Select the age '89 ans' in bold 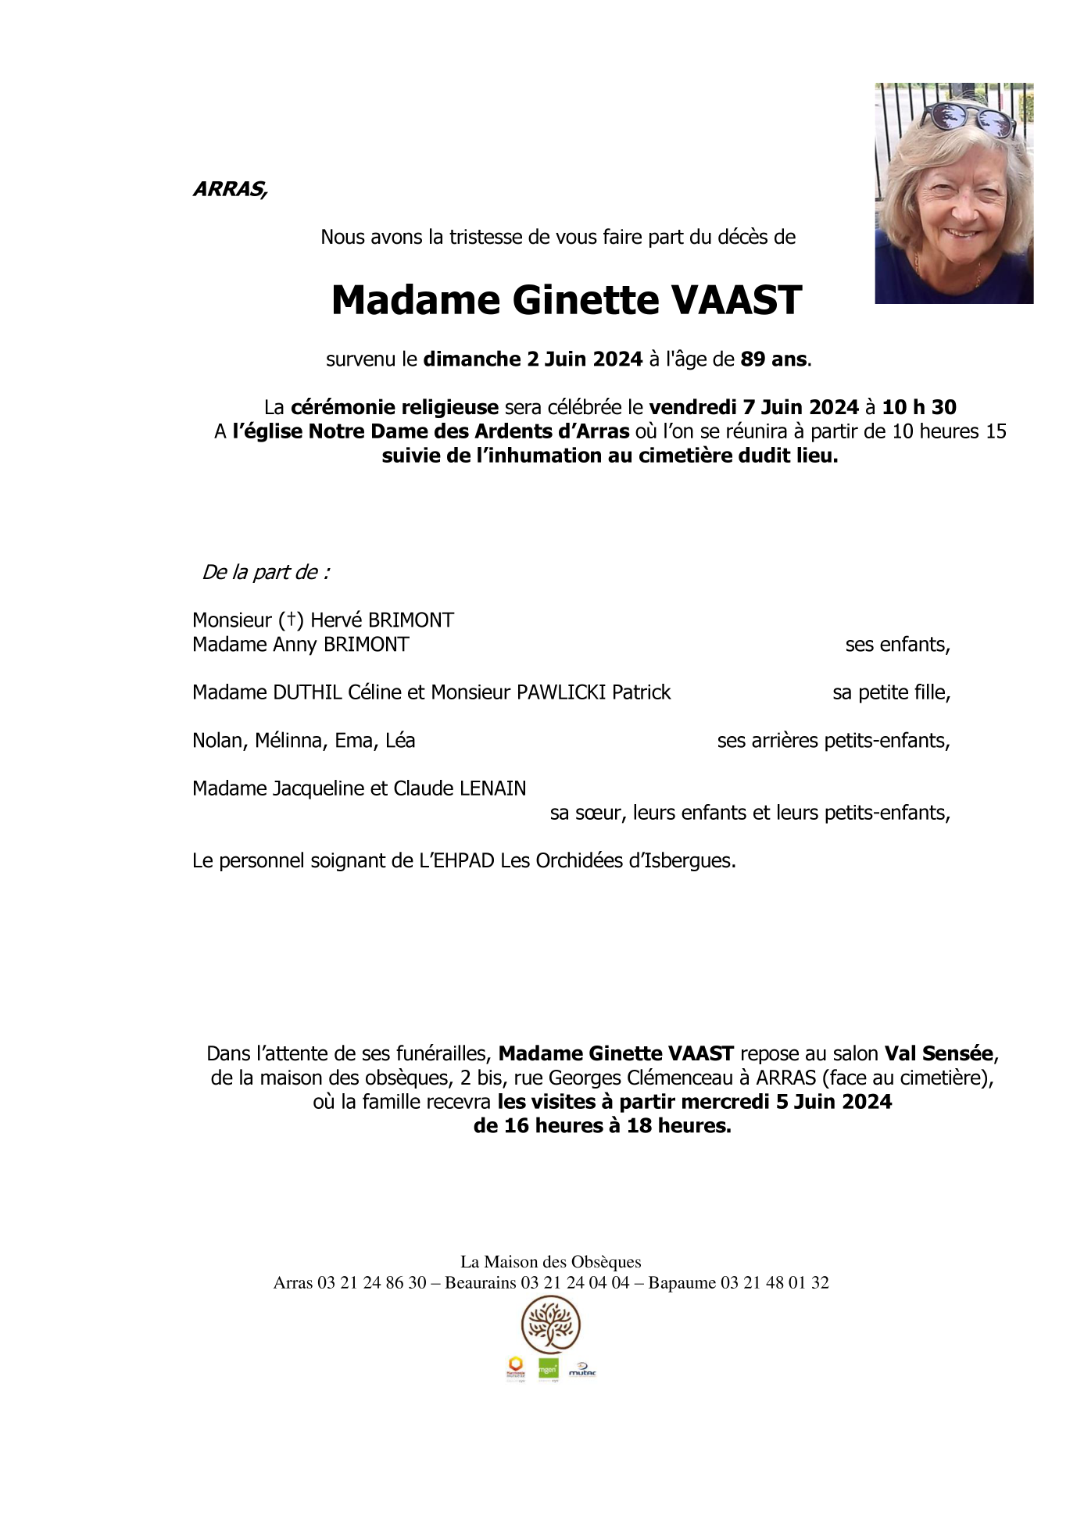click(774, 359)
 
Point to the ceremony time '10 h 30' click(919, 407)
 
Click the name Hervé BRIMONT click(382, 620)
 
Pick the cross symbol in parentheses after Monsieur click(291, 620)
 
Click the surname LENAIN click(492, 788)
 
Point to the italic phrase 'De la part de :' click(266, 573)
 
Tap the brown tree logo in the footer click(550, 1325)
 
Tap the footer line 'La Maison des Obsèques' click(550, 1262)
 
